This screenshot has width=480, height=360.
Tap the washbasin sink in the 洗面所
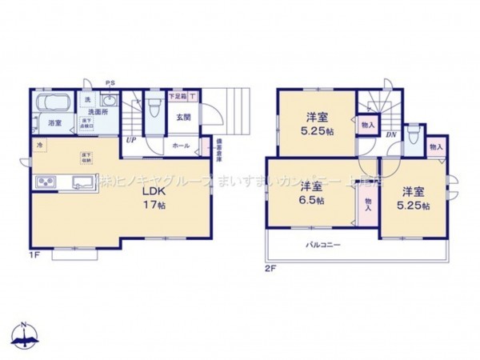coord(109,102)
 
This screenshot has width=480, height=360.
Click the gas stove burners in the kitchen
coord(45,182)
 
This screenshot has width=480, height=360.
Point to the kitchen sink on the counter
coord(83,182)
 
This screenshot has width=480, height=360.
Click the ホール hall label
coord(182,146)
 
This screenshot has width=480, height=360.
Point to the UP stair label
coord(130,139)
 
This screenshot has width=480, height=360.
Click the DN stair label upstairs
coord(390,134)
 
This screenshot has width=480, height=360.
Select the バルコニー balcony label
coord(322,245)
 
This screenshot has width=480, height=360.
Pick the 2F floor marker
coord(272,269)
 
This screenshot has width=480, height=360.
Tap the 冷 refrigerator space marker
coord(38,145)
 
